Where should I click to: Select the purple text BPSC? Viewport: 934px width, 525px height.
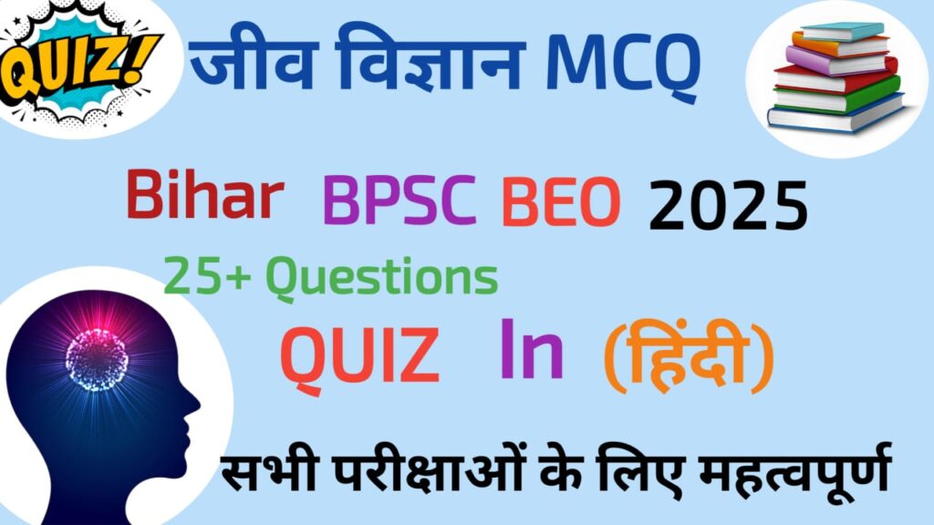click(400, 201)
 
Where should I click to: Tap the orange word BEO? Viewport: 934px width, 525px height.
click(561, 202)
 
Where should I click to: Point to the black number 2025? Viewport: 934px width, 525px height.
click(728, 205)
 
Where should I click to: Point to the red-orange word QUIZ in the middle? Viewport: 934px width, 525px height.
click(359, 357)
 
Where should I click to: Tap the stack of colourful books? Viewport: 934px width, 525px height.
click(836, 77)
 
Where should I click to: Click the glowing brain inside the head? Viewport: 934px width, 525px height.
click(97, 359)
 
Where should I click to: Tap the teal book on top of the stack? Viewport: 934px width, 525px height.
click(842, 31)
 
